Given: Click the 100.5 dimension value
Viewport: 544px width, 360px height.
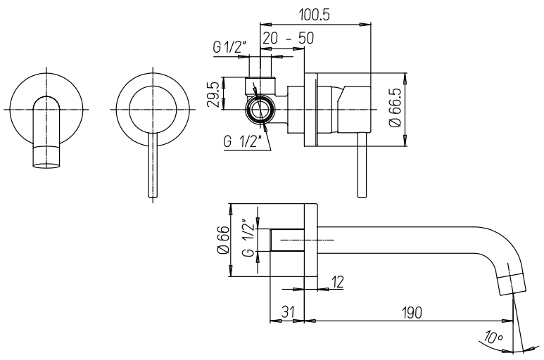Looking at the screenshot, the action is [314, 15].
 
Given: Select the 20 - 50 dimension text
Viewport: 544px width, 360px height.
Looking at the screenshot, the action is [288, 38].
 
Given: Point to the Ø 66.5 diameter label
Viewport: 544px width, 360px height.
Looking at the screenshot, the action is [396, 108].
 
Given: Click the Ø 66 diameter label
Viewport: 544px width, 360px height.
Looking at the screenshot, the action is [223, 240].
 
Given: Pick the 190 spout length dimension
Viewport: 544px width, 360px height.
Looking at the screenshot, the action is [412, 312].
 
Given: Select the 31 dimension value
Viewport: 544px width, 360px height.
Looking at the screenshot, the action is [286, 312].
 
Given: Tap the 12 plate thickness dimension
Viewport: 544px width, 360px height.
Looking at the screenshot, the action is [336, 283].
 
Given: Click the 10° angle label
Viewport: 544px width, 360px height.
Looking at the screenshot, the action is [494, 337].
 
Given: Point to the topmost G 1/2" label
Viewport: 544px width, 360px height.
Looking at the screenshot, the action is [229, 48].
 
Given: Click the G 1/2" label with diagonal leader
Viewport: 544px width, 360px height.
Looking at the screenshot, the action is [242, 141].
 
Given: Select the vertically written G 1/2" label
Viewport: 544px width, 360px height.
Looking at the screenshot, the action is [249, 238].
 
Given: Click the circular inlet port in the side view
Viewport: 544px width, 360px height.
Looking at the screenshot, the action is [258, 110].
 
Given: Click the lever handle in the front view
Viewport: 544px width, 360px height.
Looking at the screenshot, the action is [153, 165].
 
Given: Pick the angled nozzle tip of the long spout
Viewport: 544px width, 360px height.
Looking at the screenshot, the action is [512, 284].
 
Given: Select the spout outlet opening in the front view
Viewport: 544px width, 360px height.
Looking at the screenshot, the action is [46, 166].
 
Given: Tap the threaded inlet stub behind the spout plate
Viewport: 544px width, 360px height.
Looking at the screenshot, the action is [287, 240].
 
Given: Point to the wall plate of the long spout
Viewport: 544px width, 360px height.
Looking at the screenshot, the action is [311, 240].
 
